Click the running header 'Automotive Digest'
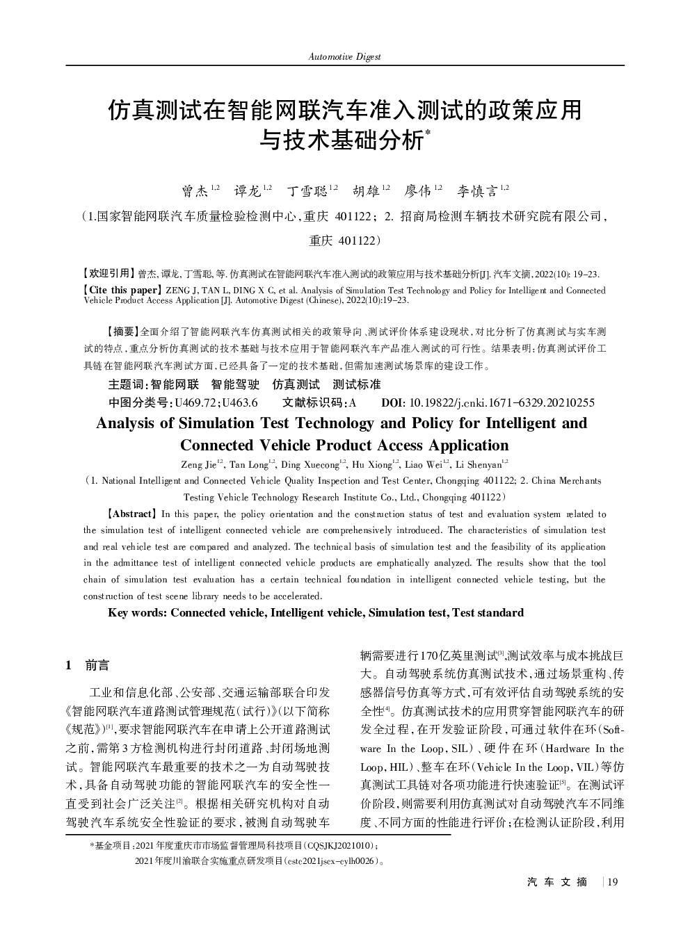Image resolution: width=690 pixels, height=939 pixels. coord(345,56)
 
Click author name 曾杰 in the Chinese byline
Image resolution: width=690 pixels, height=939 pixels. coord(195,190)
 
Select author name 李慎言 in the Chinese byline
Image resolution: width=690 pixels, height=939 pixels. coord(477,190)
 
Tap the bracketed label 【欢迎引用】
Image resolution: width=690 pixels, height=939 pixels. coord(109,274)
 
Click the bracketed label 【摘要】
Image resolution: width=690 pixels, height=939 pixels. coord(120,332)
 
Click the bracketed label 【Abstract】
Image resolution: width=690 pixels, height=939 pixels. coord(131,514)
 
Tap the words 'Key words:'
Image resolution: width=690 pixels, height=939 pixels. coord(138,612)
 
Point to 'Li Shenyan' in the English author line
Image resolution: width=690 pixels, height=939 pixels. coord(479,464)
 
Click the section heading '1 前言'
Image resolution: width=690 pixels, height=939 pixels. coord(88,665)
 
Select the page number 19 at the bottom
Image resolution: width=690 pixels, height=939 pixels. coord(613,882)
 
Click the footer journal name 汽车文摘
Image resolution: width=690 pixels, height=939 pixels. coord(557,882)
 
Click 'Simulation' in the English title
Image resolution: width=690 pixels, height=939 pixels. coord(217,423)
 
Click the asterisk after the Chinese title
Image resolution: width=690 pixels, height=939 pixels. coord(428,132)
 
